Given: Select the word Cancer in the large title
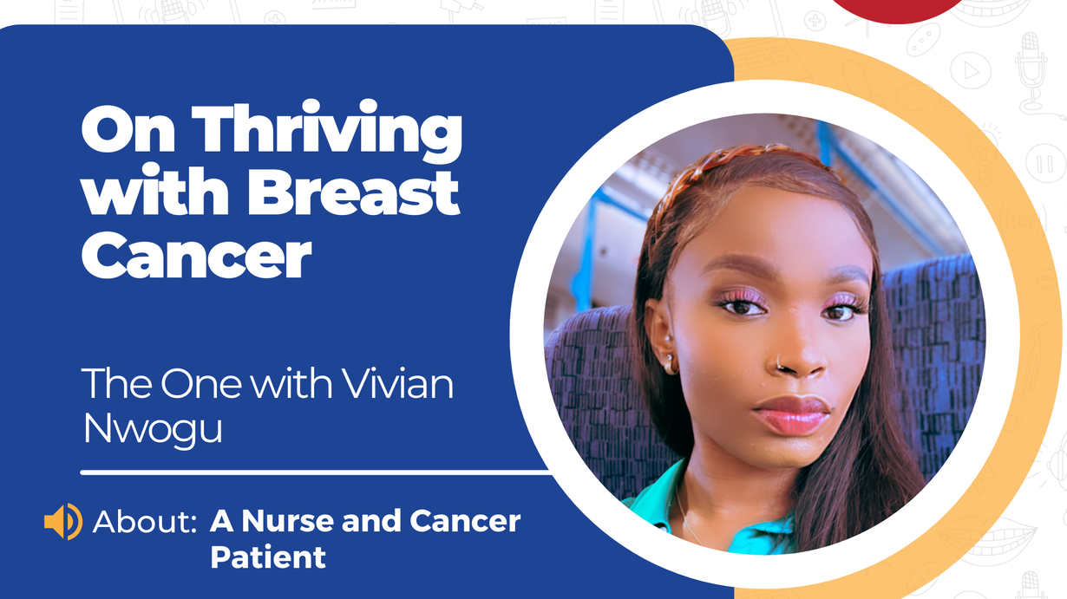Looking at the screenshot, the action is [x=196, y=255].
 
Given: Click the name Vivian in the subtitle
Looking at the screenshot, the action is [x=398, y=383].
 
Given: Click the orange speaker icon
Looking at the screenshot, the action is [x=63, y=521].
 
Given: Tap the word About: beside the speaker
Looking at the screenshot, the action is [x=145, y=521].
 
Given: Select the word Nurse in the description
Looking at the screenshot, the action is [x=289, y=521].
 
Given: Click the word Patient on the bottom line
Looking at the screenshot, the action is [x=268, y=557].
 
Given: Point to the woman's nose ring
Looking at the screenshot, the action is [x=779, y=364].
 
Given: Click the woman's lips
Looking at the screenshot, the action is [x=792, y=414].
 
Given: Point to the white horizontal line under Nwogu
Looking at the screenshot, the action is [x=316, y=472].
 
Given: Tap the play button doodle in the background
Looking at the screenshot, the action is [x=971, y=71].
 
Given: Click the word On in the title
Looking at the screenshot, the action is [x=128, y=128].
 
